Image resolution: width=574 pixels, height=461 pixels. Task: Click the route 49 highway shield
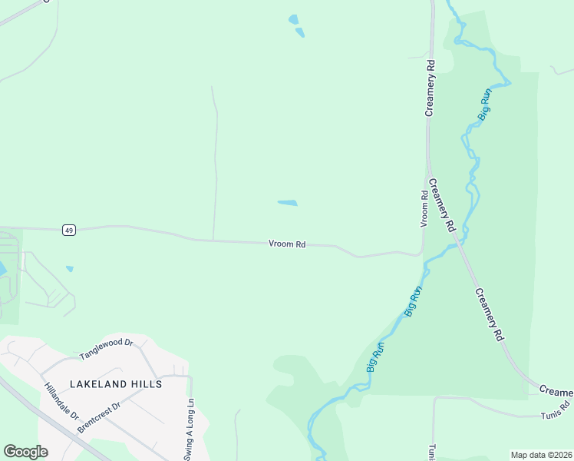pos(69,230)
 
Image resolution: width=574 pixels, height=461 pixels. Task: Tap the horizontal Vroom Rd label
pos(288,244)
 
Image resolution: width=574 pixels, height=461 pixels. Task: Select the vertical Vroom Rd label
pos(424,209)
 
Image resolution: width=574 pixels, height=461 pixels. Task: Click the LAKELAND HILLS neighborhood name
pos(116,383)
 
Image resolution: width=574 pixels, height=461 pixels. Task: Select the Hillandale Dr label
pos(61,401)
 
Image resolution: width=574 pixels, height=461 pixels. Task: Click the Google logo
pos(25,452)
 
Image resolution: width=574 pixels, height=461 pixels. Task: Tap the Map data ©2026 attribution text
pos(541,455)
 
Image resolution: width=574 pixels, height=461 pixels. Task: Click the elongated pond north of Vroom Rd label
pos(287,203)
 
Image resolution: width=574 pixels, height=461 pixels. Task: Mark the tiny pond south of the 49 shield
pos(70,269)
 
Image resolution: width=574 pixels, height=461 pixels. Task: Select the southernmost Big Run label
pos(375,357)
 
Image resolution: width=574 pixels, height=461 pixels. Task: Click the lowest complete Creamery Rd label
pos(489,314)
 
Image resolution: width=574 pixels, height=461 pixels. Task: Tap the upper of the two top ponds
pos(293,19)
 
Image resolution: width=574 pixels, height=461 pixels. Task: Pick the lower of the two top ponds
pos(300,32)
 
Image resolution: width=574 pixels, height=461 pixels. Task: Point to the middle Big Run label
pos(413,301)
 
